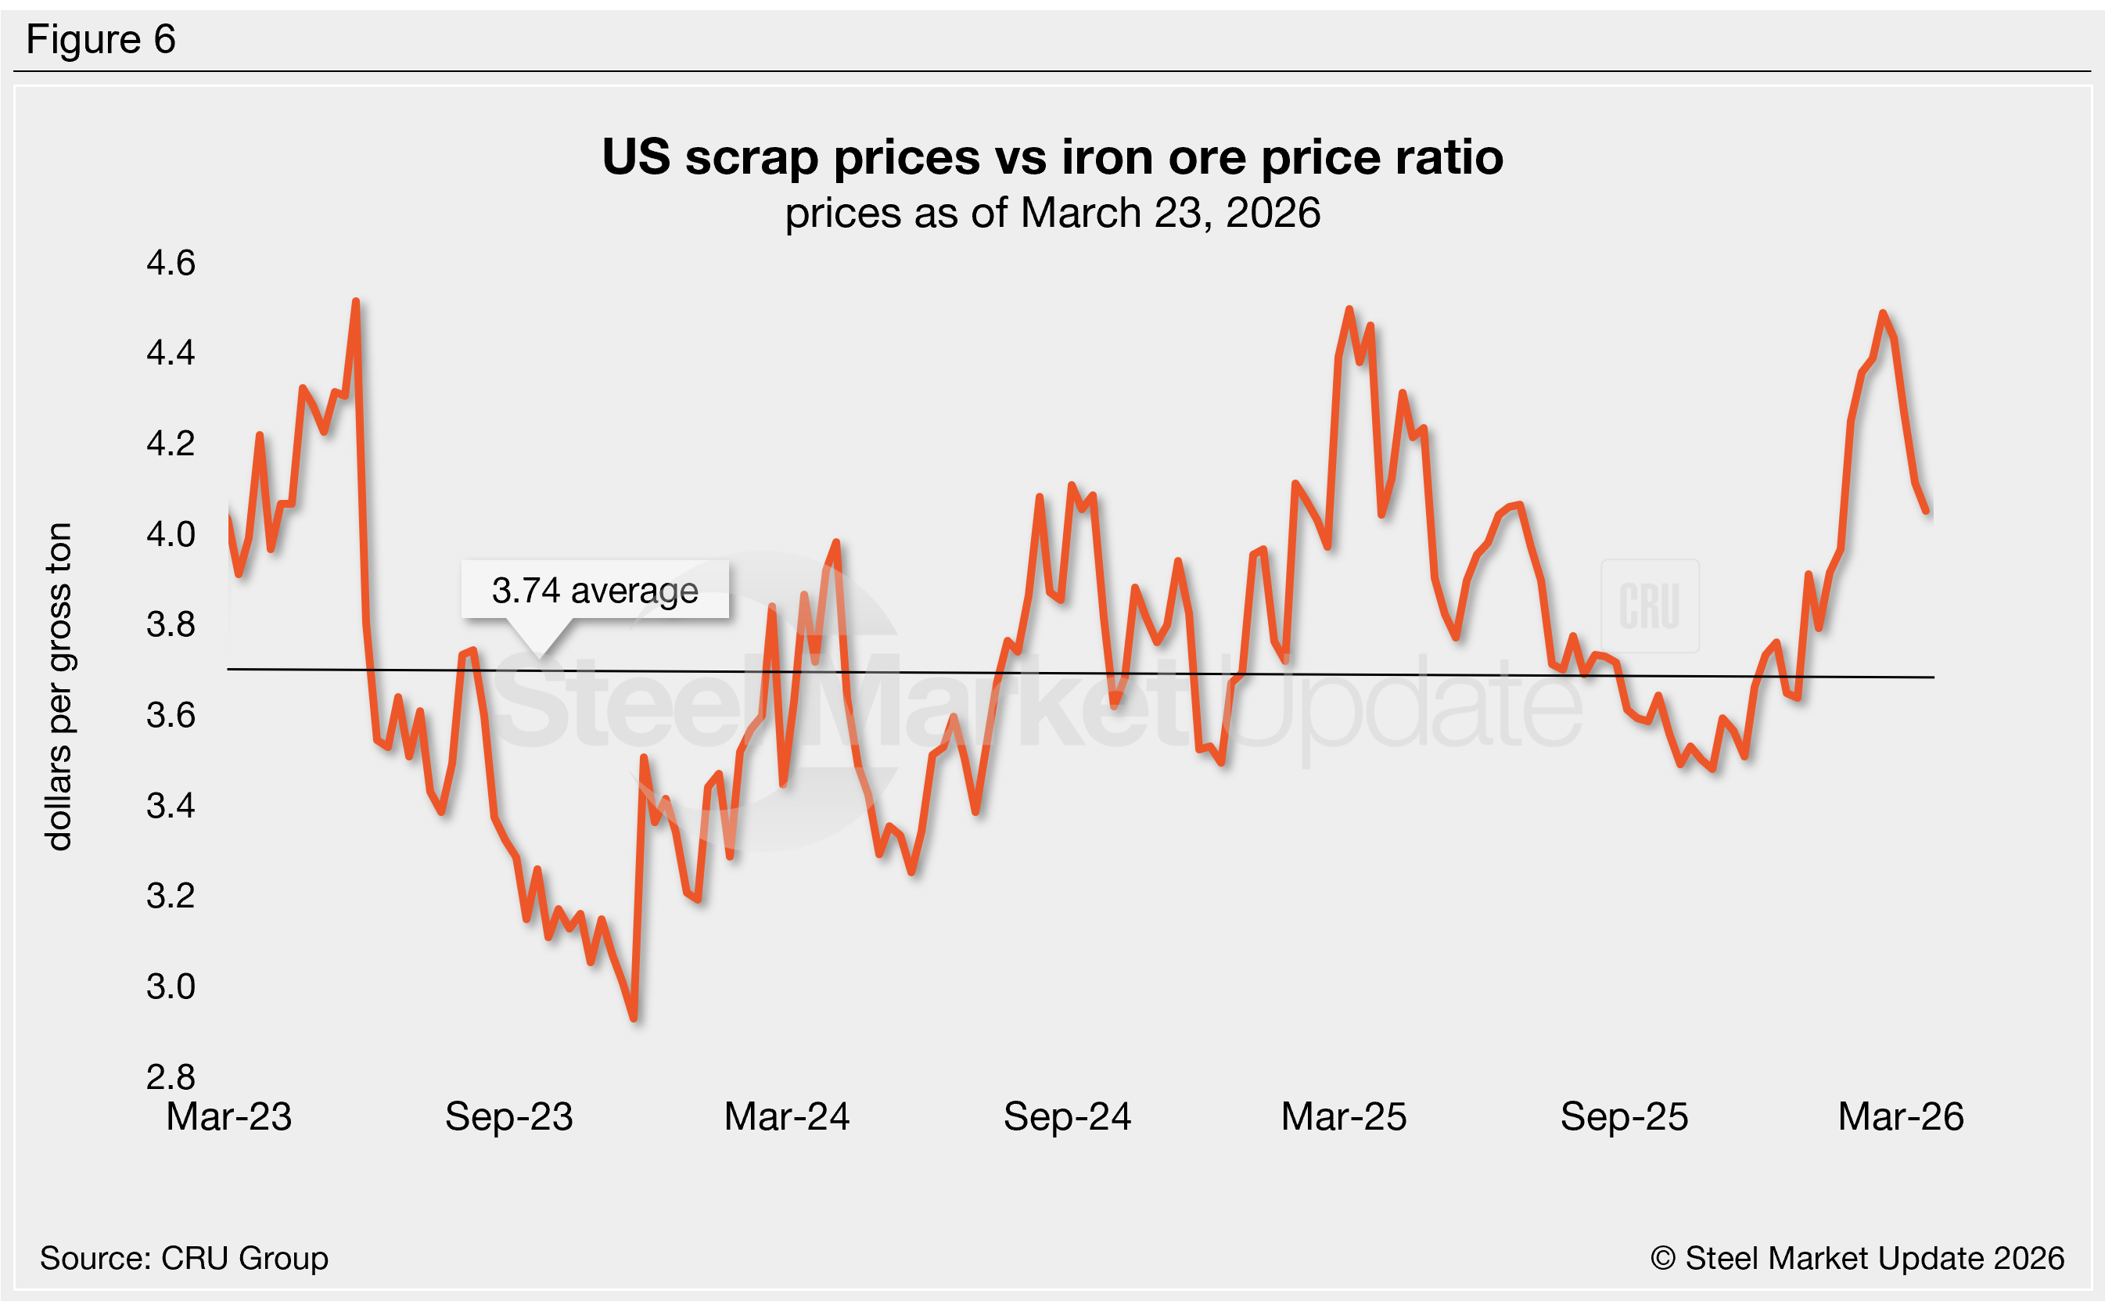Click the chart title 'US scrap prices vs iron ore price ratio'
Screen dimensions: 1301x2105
(x=1052, y=157)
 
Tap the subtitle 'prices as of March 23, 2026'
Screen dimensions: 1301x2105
(x=1052, y=213)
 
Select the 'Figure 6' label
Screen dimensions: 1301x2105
(x=101, y=40)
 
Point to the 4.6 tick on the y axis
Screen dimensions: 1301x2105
(x=171, y=262)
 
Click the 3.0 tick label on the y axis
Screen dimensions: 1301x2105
(x=171, y=986)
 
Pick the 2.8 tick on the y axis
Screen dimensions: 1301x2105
(x=171, y=1076)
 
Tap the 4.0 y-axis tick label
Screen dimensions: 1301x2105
(x=171, y=534)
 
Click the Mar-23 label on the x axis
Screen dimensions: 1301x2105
(x=229, y=1117)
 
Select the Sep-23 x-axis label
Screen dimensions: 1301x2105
(x=508, y=1117)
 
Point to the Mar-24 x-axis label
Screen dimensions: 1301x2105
(x=787, y=1117)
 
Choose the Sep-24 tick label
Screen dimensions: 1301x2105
(x=1067, y=1117)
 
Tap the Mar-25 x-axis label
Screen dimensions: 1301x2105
(x=1344, y=1117)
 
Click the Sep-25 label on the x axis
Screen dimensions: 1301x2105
(x=1624, y=1117)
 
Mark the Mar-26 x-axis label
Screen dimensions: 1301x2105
(x=1901, y=1117)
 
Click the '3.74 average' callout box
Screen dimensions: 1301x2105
(x=595, y=591)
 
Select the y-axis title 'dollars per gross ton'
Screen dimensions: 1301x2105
(x=59, y=687)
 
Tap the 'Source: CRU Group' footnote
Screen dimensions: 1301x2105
(x=184, y=1258)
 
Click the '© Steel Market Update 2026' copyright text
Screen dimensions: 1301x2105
(x=1857, y=1258)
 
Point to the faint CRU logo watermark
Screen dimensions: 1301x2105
(x=1649, y=606)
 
